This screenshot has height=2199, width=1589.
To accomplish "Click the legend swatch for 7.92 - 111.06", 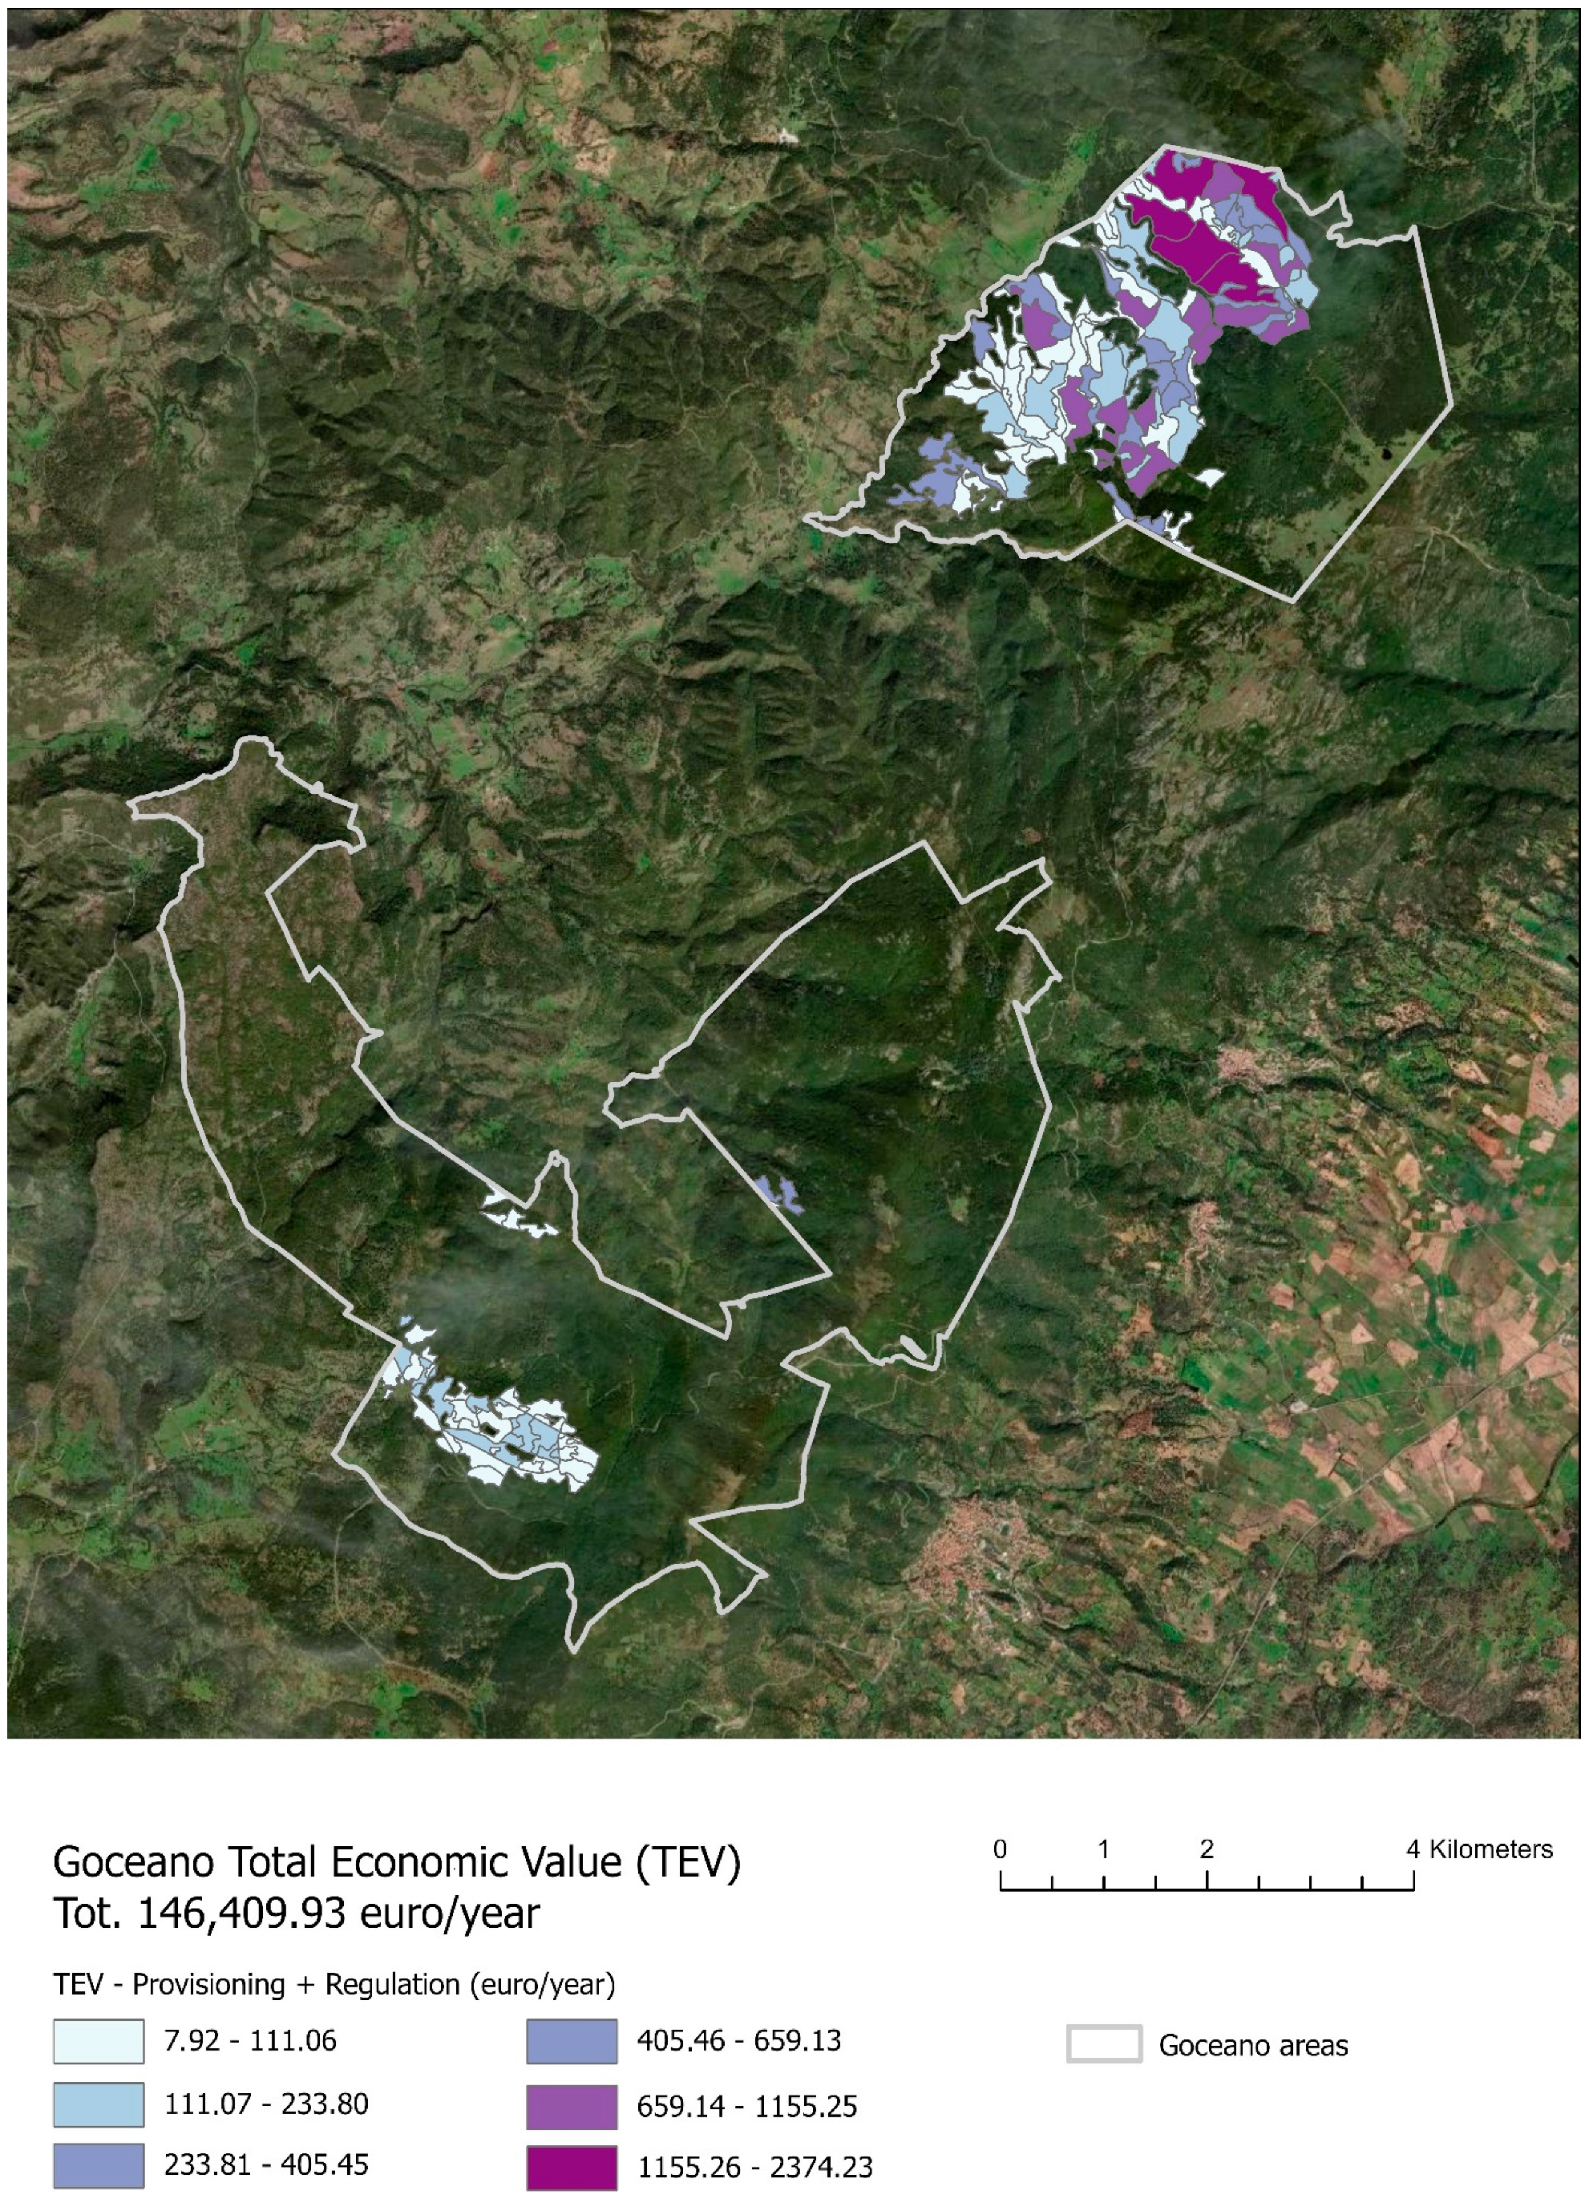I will [99, 2041].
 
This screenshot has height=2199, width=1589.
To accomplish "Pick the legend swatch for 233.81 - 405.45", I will [99, 2165].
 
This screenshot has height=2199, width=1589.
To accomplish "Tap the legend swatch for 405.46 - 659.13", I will [572, 2041].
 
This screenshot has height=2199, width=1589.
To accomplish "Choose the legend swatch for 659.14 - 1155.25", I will [572, 2106].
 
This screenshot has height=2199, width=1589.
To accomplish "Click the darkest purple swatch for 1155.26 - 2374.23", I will [572, 2167].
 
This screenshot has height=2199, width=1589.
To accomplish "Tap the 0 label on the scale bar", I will [1000, 1848].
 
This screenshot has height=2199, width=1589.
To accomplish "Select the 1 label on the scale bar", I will [1103, 1848].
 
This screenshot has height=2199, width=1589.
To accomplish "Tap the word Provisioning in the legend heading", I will [208, 1985].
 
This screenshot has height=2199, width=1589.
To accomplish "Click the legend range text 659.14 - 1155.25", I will [746, 2106].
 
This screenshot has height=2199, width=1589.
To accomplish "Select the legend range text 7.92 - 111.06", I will [250, 2041].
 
